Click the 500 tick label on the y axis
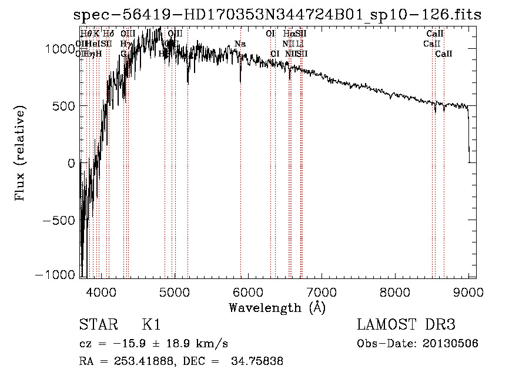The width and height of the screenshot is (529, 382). tap(65, 107)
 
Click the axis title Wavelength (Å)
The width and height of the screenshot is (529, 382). tap(277, 307)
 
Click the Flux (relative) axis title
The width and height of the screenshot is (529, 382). tap(21, 154)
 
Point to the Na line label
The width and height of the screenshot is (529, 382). tap(240, 44)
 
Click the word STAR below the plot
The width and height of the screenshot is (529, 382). tap(98, 325)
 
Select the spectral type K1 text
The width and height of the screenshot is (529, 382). tap(151, 325)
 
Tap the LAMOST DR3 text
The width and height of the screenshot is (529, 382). tap(406, 325)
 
